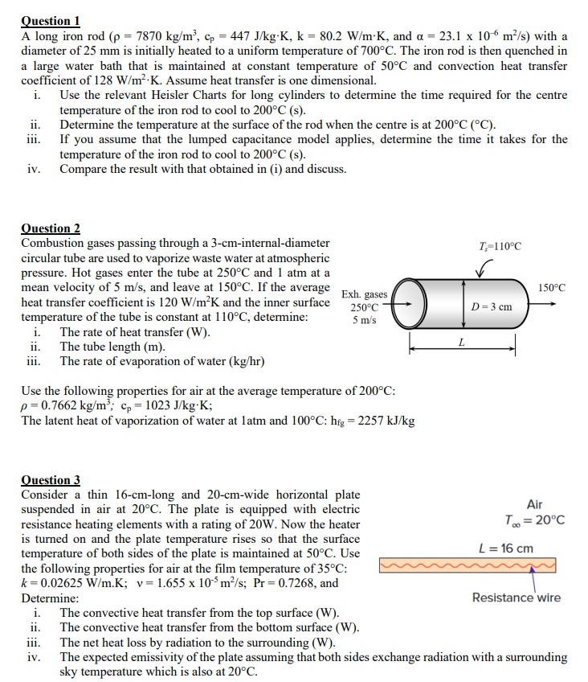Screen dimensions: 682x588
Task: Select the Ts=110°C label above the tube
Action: [499, 246]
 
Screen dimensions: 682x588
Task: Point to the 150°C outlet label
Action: [552, 287]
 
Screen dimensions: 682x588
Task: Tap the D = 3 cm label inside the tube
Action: [491, 306]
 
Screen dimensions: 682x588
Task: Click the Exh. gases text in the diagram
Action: [365, 295]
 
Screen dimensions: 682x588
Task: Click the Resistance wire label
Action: [517, 597]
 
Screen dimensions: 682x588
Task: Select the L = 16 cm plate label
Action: [504, 548]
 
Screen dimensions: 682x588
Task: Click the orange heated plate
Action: [466, 569]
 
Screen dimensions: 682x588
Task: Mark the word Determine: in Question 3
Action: [50, 598]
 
